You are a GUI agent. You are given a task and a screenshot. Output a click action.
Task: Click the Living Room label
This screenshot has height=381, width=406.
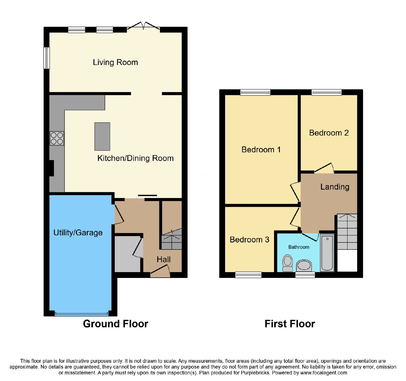(x=115, y=62)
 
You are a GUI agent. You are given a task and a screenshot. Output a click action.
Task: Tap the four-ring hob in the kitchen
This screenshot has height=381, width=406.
(x=57, y=138)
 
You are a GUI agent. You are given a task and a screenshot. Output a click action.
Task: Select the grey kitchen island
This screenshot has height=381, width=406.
(x=102, y=137)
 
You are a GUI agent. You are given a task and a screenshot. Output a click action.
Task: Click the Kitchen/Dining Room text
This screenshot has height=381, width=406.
(x=136, y=158)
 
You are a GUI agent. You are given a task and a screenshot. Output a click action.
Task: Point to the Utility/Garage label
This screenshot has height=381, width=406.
(x=78, y=233)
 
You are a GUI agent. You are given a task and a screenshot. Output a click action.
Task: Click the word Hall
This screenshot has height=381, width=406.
(x=164, y=259)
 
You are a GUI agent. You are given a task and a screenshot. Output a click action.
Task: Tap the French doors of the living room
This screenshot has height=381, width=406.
(x=143, y=26)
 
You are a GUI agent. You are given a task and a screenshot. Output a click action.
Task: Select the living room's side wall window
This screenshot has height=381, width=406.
(x=47, y=58)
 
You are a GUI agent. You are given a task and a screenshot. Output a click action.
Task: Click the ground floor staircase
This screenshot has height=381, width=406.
(x=172, y=239)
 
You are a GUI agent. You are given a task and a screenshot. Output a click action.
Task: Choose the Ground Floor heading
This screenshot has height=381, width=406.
(x=116, y=324)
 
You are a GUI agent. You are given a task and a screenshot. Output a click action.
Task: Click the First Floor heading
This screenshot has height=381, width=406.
(x=290, y=324)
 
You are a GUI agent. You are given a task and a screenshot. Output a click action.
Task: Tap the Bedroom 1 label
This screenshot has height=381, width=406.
(x=261, y=150)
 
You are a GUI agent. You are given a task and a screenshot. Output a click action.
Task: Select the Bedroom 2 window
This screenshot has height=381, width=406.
(x=327, y=92)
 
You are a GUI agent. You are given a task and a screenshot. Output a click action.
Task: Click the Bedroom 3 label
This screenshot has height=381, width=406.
(x=249, y=240)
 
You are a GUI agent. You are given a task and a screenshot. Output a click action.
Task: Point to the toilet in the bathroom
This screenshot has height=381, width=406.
(x=288, y=263)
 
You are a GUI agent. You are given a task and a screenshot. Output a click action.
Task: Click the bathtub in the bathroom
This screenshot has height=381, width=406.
(x=327, y=253)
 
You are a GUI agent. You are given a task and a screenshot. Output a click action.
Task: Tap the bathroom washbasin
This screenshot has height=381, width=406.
(x=304, y=266)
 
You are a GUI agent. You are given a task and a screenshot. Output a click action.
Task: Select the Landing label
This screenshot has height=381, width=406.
(x=335, y=187)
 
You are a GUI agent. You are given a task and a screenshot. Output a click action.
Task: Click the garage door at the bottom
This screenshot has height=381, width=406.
(x=81, y=314)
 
